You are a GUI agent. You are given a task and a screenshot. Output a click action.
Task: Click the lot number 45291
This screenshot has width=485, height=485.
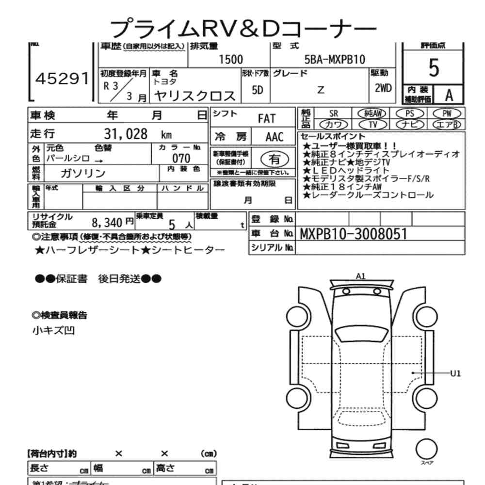(x=61, y=80)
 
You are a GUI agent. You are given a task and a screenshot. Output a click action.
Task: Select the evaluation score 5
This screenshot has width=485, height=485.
(x=434, y=69)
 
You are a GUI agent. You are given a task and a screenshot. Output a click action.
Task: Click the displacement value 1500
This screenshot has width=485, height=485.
(x=231, y=60)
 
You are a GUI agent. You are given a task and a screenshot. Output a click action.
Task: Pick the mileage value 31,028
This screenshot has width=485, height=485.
(x=126, y=134)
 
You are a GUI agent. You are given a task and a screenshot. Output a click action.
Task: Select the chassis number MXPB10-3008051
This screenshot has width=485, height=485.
(x=354, y=234)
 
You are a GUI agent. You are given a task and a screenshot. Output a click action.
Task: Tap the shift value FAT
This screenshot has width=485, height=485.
(x=266, y=118)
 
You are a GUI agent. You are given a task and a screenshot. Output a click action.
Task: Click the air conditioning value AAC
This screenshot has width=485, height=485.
(x=274, y=137)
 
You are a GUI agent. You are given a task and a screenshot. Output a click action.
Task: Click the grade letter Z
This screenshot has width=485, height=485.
(x=321, y=90)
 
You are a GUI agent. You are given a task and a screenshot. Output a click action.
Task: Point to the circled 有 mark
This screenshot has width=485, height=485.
(x=275, y=159)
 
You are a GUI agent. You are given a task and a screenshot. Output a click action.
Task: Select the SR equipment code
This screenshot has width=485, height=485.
(x=333, y=113)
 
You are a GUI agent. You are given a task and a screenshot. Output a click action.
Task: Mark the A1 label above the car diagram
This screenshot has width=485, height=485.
(x=360, y=276)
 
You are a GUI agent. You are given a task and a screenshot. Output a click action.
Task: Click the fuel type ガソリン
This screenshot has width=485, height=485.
(x=82, y=173)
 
